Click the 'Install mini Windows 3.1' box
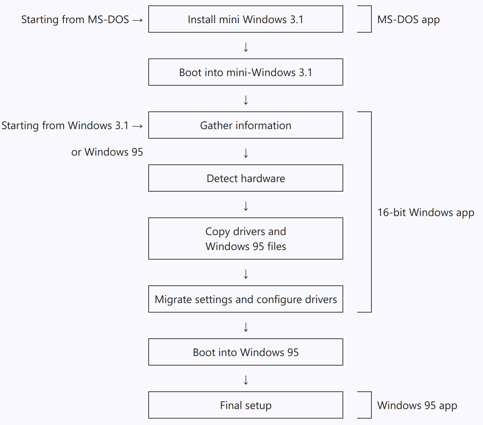tap(246, 19)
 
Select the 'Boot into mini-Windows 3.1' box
tap(246, 72)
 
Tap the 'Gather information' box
tap(246, 125)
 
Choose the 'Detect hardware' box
tap(246, 178)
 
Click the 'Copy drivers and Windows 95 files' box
tap(246, 238)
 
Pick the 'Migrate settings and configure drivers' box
tap(246, 299)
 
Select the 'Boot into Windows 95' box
tap(246, 352)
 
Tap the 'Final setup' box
tap(246, 405)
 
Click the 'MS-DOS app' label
tap(409, 20)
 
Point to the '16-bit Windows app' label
tap(426, 213)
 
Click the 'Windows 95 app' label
tap(417, 406)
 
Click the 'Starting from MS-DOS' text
tap(75, 20)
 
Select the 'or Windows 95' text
tap(107, 152)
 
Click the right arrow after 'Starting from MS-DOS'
tap(137, 20)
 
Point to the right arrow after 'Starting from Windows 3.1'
tap(137, 126)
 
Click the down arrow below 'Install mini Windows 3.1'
tap(246, 47)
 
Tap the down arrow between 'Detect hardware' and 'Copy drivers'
tap(246, 206)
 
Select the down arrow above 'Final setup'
tap(246, 380)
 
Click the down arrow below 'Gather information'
tap(246, 153)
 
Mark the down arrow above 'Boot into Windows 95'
tap(246, 327)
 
